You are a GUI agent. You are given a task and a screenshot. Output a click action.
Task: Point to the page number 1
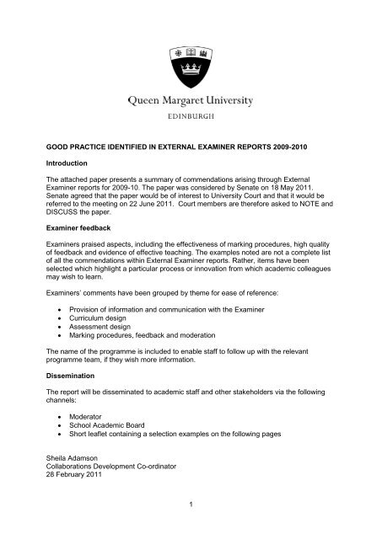coord(191,525)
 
